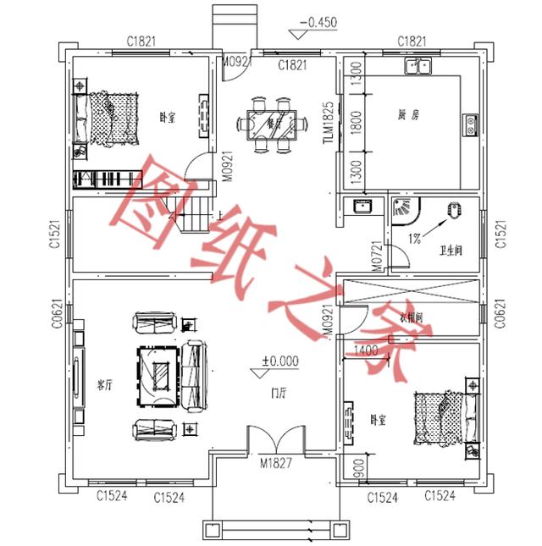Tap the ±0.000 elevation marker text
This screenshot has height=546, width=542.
point(280,361)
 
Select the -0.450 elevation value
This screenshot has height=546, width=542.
point(322,22)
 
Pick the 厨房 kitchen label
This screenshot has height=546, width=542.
point(408,115)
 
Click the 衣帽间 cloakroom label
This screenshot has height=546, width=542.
point(411,318)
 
